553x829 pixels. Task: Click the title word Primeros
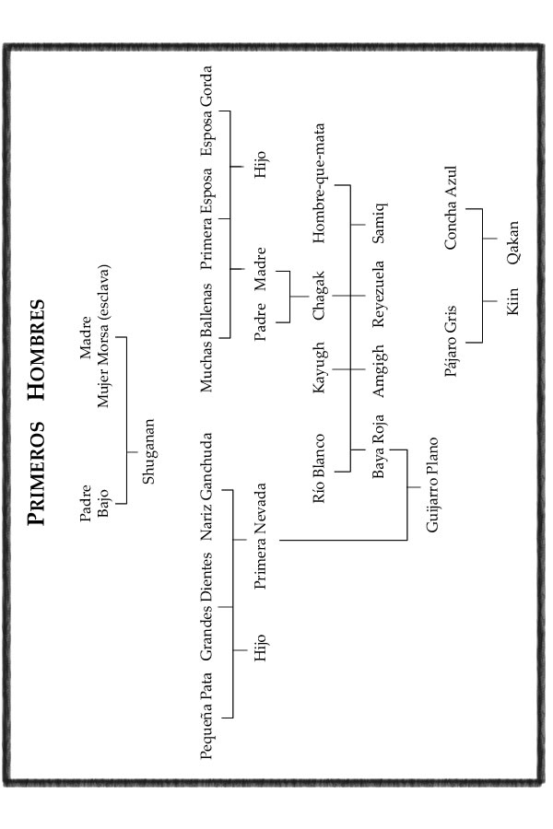tap(37, 473)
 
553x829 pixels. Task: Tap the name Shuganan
tap(148, 451)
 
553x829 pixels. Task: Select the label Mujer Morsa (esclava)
tap(103, 336)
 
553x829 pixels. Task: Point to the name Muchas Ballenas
tap(206, 337)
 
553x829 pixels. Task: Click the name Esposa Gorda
tap(206, 111)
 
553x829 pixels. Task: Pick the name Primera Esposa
tap(206, 218)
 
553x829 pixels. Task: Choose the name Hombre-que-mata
tap(319, 183)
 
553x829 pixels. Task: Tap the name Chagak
tap(319, 296)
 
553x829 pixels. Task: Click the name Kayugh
tap(319, 368)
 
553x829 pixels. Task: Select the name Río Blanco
tap(319, 469)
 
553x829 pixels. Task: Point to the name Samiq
tap(379, 223)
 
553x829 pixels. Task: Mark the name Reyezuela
tap(379, 294)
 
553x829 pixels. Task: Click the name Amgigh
tap(379, 370)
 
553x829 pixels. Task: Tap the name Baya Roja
tap(379, 447)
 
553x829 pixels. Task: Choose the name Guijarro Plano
tap(432, 485)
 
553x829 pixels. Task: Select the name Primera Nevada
tap(260, 537)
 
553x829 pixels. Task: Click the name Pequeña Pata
tap(206, 716)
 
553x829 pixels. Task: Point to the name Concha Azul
tap(451, 208)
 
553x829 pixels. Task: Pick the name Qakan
tap(512, 242)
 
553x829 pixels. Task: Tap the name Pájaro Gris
tap(451, 341)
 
